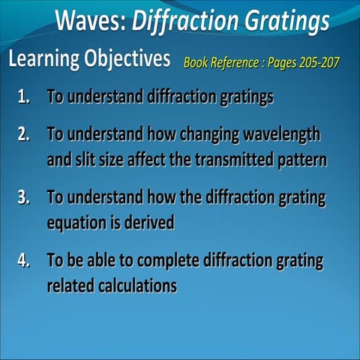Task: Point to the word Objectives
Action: pyautogui.click(x=127, y=59)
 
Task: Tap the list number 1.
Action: pyautogui.click(x=25, y=97)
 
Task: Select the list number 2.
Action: pyautogui.click(x=25, y=134)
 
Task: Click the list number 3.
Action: pyautogui.click(x=25, y=198)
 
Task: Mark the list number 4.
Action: pyautogui.click(x=25, y=262)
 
